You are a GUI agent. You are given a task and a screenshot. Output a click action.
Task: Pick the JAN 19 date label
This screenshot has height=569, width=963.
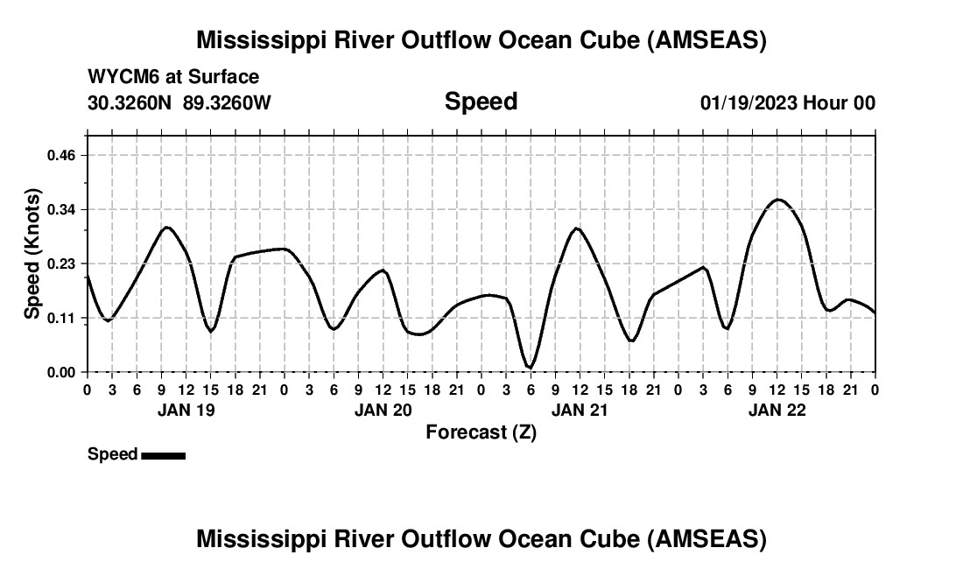186,410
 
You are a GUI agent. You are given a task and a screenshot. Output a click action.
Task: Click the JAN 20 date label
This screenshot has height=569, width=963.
383,410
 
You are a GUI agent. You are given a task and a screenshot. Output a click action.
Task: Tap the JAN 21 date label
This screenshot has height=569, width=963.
580,410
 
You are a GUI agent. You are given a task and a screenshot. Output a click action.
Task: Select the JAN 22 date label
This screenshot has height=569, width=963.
777,410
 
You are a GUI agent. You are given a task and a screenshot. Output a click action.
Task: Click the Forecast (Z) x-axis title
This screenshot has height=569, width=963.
481,432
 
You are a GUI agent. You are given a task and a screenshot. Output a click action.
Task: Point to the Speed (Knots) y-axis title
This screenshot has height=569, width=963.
32,253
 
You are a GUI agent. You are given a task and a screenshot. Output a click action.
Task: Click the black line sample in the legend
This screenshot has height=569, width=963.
163,455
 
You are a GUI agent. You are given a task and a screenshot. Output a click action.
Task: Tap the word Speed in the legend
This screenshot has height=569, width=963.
112,454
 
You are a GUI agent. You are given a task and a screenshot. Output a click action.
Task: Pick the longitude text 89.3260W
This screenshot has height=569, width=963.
227,102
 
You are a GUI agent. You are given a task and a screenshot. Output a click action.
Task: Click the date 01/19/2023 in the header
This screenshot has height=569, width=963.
749,102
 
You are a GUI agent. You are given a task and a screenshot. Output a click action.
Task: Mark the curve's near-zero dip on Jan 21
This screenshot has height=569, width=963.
530,367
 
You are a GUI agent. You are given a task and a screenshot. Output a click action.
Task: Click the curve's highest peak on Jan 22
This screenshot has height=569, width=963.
777,200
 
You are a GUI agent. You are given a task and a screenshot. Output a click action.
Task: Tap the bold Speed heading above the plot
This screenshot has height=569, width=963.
481,102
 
